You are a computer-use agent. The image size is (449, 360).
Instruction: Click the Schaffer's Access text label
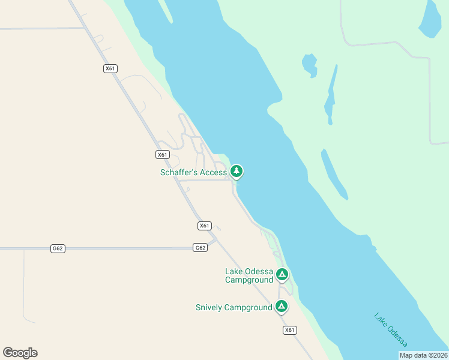pyautogui.click(x=193, y=172)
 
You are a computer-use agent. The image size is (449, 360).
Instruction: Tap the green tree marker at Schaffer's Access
pyautogui.click(x=237, y=172)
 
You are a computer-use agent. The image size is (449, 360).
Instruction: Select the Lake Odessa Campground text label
pyautogui.click(x=249, y=275)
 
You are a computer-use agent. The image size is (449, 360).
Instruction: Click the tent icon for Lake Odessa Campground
pyautogui.click(x=282, y=275)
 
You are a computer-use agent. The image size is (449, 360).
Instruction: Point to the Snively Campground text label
pyautogui.click(x=234, y=307)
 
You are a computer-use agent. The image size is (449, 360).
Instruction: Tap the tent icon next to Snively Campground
pyautogui.click(x=281, y=306)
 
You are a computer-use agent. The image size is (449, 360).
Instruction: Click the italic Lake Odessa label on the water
pyautogui.click(x=391, y=330)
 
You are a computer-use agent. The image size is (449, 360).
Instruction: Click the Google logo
pyautogui.click(x=20, y=353)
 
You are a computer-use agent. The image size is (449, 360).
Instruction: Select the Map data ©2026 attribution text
pyautogui.click(x=423, y=355)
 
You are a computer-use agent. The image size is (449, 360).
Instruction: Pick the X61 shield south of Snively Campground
pyautogui.click(x=290, y=330)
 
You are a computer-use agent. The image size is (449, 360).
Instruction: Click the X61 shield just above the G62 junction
pyautogui.click(x=205, y=226)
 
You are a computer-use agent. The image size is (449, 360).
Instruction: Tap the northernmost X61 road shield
pyautogui.click(x=110, y=68)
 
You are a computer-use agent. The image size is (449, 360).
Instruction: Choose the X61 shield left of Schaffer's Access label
pyautogui.click(x=162, y=154)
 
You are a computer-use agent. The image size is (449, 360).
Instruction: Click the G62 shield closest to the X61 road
pyautogui.click(x=200, y=247)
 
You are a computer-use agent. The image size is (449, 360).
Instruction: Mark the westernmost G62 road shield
pyautogui.click(x=58, y=248)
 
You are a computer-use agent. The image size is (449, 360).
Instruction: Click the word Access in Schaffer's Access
pyautogui.click(x=212, y=172)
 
